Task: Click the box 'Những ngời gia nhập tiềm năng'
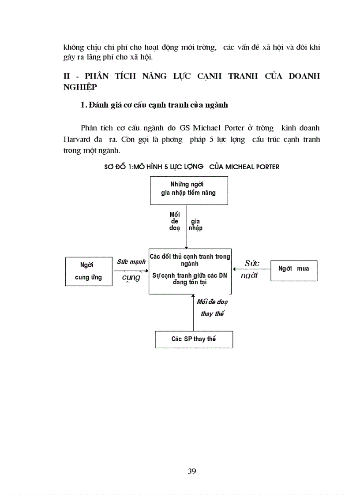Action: click(x=189, y=190)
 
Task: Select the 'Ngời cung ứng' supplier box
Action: click(x=89, y=271)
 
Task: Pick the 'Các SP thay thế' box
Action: click(x=194, y=339)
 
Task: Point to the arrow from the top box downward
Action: click(x=186, y=227)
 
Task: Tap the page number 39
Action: click(x=192, y=471)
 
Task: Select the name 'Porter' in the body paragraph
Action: click(x=234, y=128)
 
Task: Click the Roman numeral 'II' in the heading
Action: click(x=67, y=76)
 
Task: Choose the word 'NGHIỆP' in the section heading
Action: click(x=79, y=87)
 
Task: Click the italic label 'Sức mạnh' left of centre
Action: click(x=131, y=262)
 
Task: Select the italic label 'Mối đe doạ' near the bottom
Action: click(x=212, y=302)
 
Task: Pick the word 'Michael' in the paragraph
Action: click(x=206, y=128)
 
